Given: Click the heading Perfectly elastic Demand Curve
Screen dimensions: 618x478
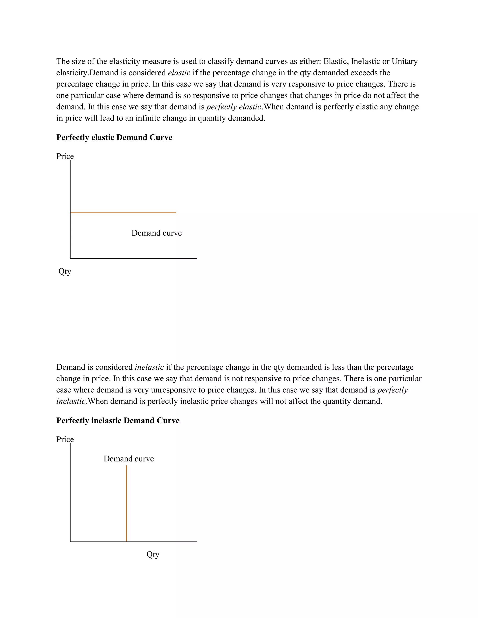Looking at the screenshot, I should [x=114, y=138].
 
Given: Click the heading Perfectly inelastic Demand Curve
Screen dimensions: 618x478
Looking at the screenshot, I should [x=118, y=420].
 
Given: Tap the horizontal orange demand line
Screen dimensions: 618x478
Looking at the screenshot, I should [x=123, y=212].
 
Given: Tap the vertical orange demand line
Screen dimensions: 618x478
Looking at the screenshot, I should [x=127, y=504].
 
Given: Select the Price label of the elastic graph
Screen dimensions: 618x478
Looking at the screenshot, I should [x=65, y=156].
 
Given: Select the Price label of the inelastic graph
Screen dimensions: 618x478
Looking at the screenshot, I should [x=65, y=439].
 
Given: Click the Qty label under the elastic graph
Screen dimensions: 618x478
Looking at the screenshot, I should [x=65, y=272].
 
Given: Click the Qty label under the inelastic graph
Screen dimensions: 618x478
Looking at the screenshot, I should [x=153, y=555].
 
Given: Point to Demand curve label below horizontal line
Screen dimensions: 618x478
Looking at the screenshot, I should [x=156, y=233].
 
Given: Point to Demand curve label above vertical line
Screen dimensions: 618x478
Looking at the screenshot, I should [x=129, y=459].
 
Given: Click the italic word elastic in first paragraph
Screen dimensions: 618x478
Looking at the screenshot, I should [x=179, y=73].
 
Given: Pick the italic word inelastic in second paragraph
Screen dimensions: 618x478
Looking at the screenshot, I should [x=149, y=367].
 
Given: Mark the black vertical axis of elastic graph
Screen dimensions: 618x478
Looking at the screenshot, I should [x=70, y=209].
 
